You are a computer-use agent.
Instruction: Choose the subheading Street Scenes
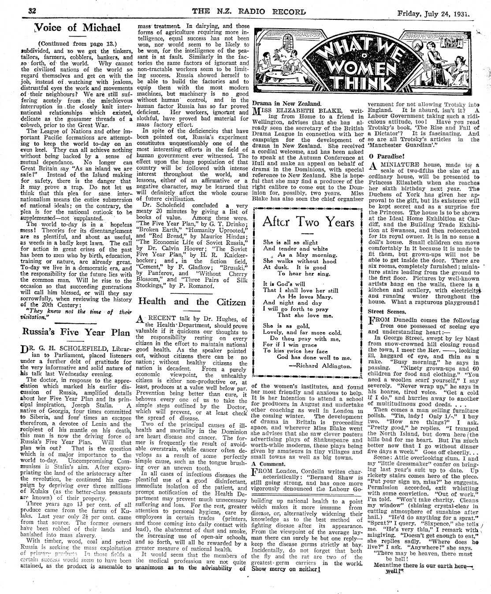click(384, 311)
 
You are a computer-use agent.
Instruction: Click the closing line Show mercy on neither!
click(286, 580)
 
